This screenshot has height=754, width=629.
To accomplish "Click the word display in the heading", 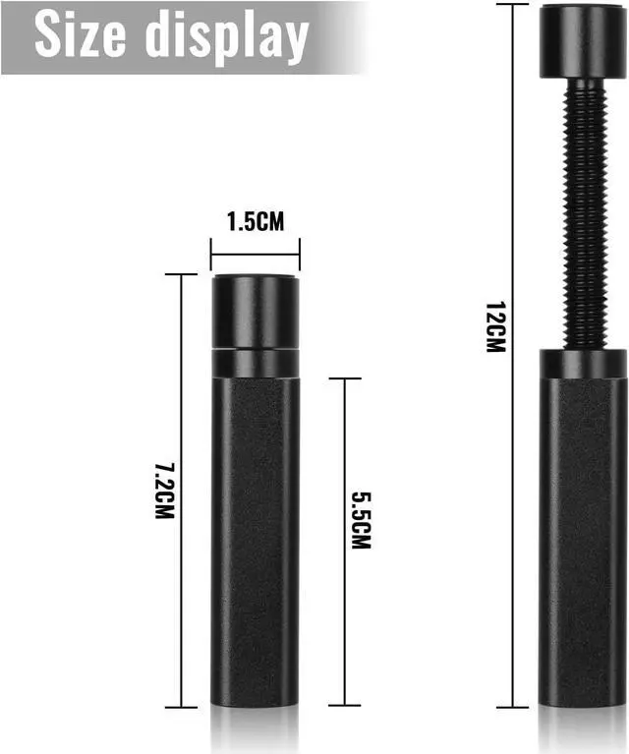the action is pyautogui.click(x=226, y=38).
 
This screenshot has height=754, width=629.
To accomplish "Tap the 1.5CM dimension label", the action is pyautogui.click(x=256, y=222).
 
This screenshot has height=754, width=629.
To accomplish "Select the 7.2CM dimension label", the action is pyautogui.click(x=164, y=491).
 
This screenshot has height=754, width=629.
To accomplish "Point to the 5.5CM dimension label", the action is pyautogui.click(x=361, y=520).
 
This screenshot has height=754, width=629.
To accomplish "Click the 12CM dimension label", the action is pyautogui.click(x=495, y=327).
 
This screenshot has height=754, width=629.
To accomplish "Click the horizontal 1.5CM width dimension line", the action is pyautogui.click(x=256, y=255).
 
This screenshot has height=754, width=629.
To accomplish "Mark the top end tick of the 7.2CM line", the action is pyautogui.click(x=181, y=274).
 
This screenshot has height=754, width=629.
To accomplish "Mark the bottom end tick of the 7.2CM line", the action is pyautogui.click(x=181, y=708).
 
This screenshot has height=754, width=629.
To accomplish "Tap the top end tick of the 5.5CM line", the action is pyautogui.click(x=345, y=378).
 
